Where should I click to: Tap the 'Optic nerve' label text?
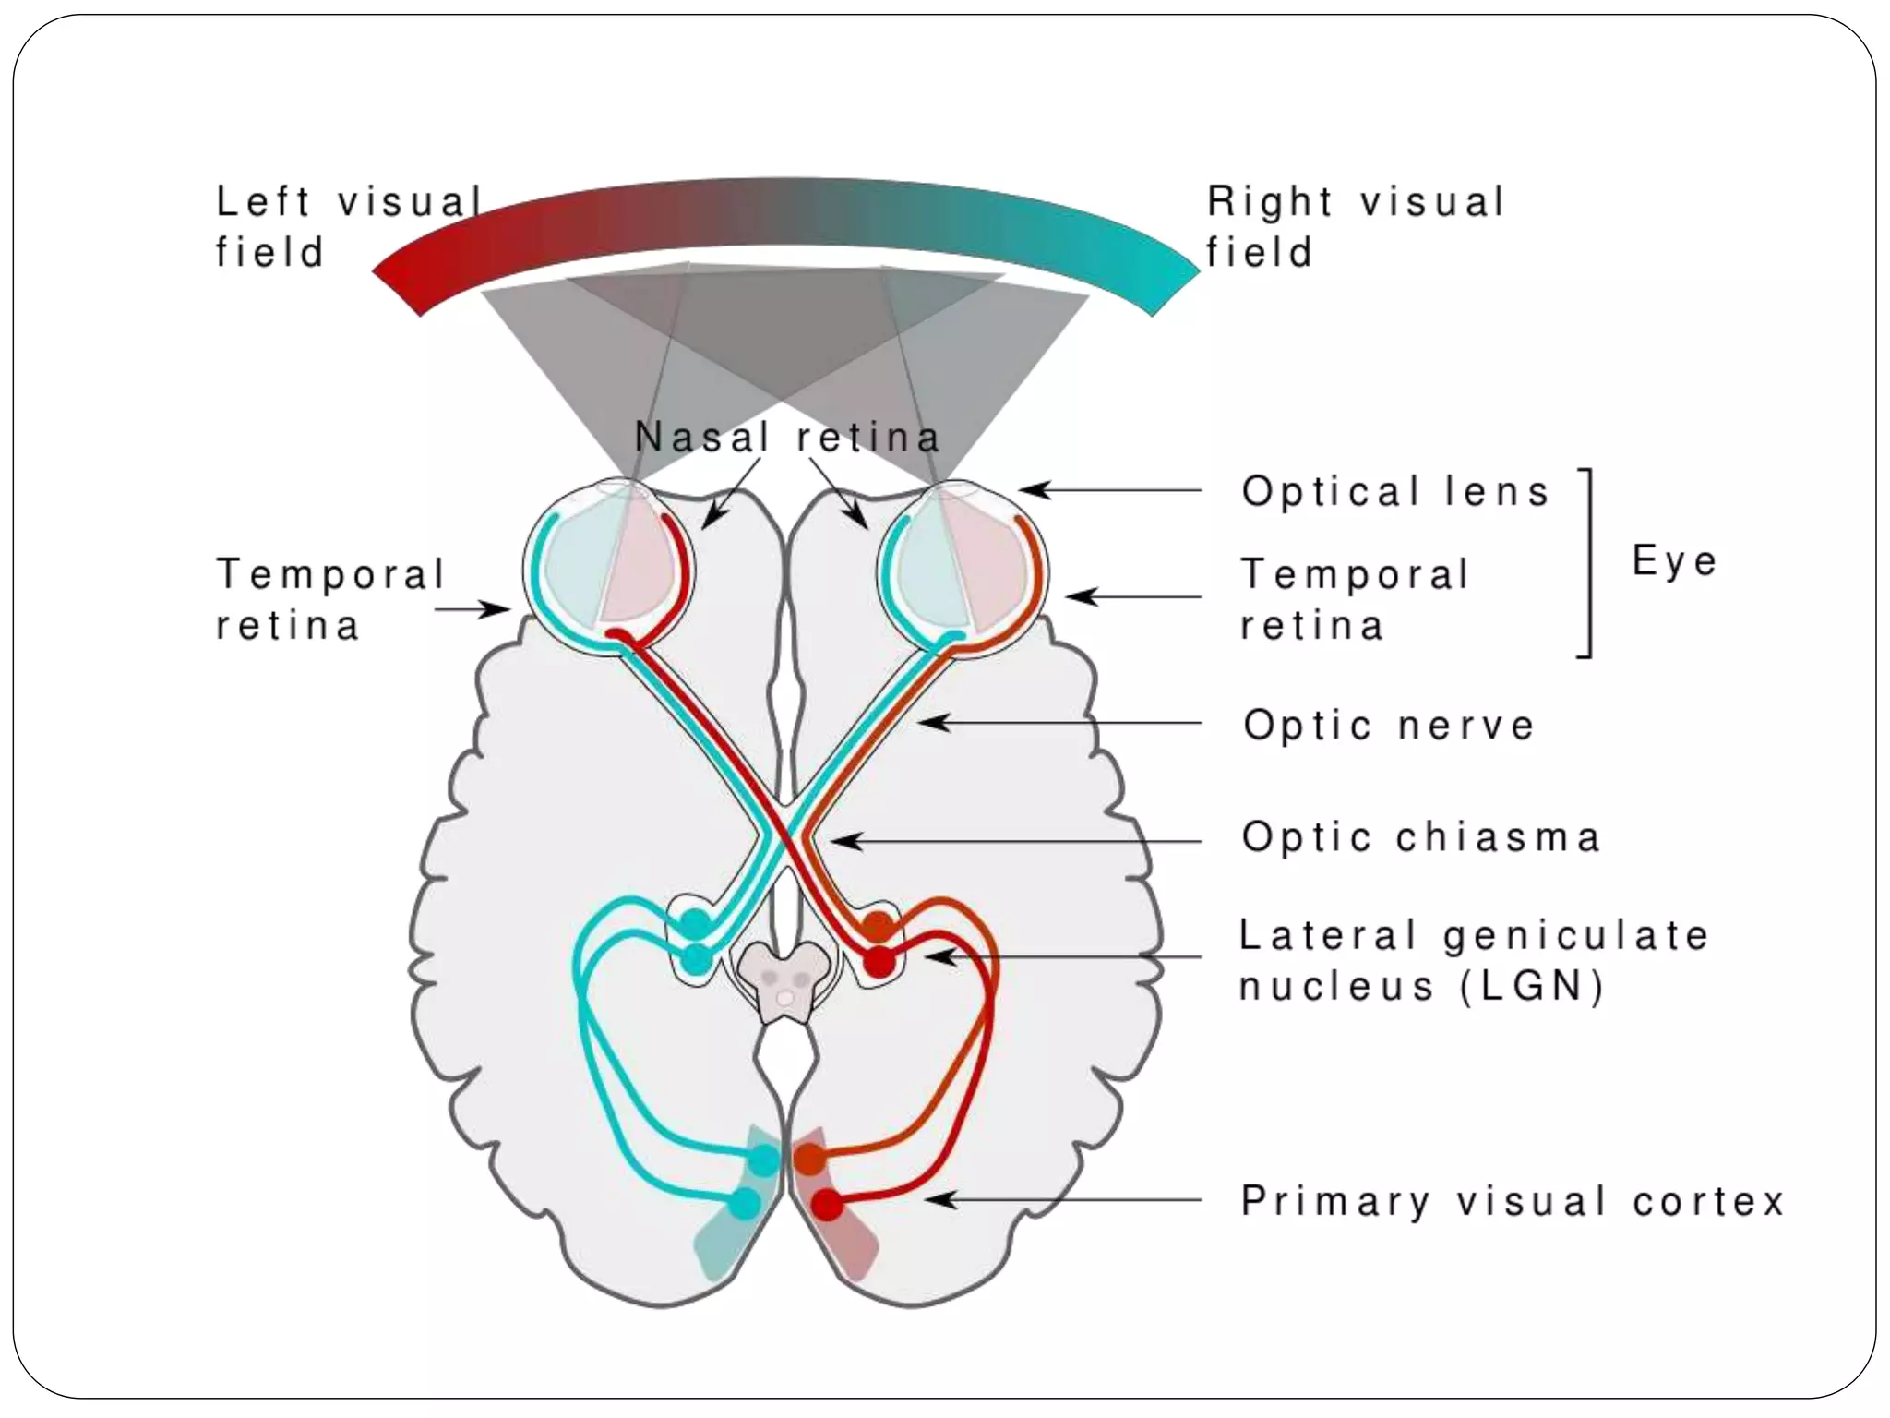click(x=1388, y=725)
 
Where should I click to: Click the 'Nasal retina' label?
click(x=787, y=437)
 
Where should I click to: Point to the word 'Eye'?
click(x=1674, y=560)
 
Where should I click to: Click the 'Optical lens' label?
click(x=1394, y=491)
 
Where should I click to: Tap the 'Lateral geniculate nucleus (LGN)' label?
click(x=1473, y=960)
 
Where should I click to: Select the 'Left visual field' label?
click(x=346, y=226)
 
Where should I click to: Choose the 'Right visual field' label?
click(x=1355, y=226)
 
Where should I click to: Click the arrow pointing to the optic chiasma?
click(x=1015, y=841)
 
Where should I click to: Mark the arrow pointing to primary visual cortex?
click(x=1061, y=1200)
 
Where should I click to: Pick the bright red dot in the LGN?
click(x=879, y=963)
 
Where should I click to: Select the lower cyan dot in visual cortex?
click(x=744, y=1204)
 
